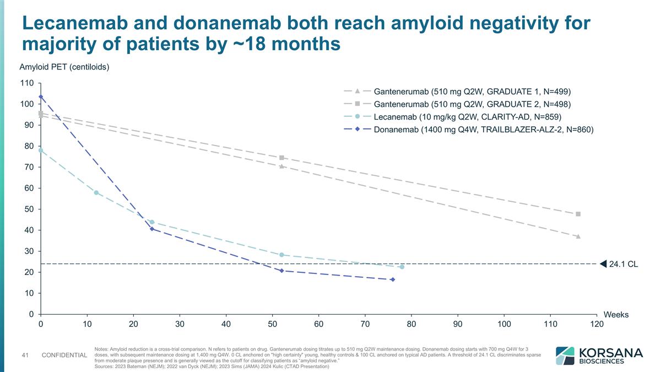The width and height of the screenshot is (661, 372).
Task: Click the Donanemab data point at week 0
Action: click(x=41, y=97)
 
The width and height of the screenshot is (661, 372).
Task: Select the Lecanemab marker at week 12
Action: click(x=96, y=192)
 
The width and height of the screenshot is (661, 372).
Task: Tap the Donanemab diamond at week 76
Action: click(x=393, y=279)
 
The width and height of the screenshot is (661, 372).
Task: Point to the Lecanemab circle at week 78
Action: click(x=402, y=267)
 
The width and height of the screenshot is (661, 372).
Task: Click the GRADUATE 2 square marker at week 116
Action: click(x=578, y=214)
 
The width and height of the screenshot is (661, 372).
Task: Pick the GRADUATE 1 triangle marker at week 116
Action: click(x=578, y=236)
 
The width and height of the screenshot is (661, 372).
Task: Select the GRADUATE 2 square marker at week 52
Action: click(x=281, y=158)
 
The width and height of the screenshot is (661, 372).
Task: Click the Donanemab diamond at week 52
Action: click(x=281, y=271)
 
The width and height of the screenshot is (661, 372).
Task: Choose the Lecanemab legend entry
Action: click(x=467, y=117)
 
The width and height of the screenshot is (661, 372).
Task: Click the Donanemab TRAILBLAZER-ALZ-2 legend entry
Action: click(x=483, y=130)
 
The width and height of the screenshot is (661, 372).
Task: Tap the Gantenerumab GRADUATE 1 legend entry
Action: click(x=472, y=91)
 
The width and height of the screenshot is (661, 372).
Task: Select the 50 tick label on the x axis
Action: click(x=272, y=324)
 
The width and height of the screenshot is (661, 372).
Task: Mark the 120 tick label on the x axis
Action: click(x=597, y=324)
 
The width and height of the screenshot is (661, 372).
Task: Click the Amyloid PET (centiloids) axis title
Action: click(x=64, y=67)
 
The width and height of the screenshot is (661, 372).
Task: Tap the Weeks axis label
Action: click(x=616, y=314)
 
